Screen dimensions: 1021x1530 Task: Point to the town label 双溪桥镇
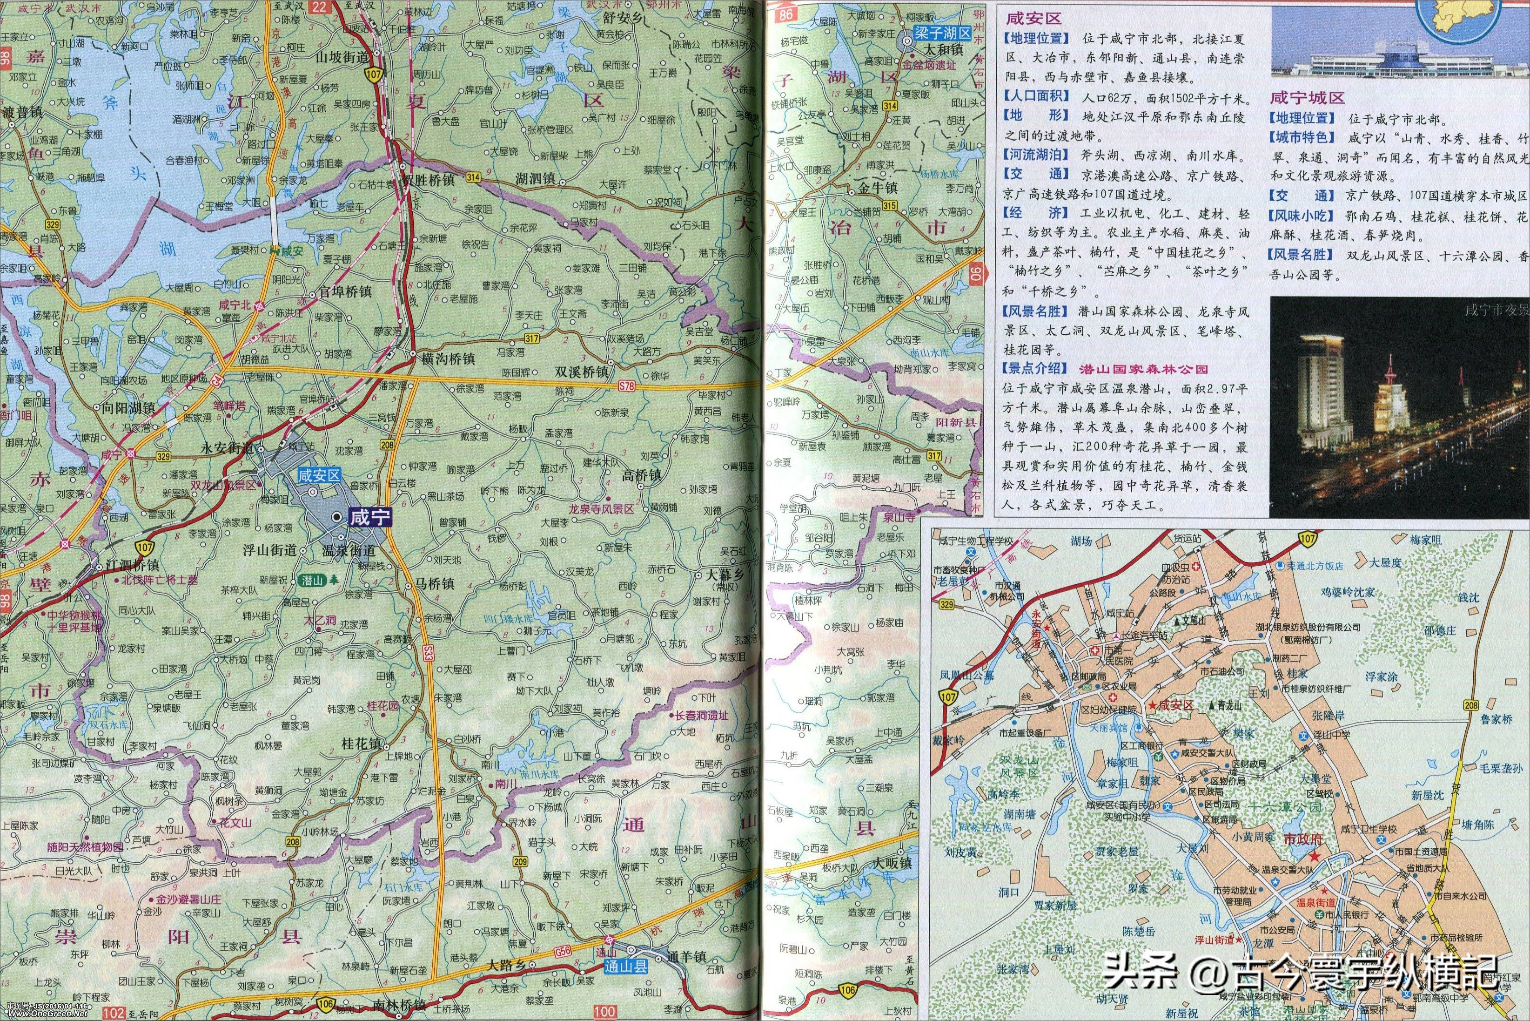click(x=581, y=372)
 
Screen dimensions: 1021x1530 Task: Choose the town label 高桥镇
click(x=641, y=475)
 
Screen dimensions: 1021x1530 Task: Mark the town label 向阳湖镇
click(x=128, y=408)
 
